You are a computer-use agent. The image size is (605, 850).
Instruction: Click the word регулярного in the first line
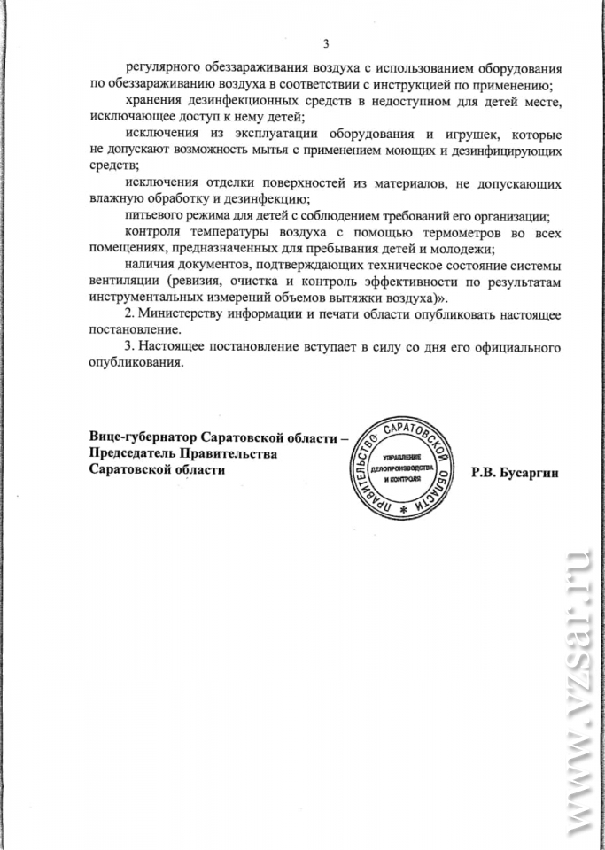(162, 69)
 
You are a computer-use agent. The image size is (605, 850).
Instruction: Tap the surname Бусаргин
(533, 471)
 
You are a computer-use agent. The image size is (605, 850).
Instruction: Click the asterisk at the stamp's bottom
(404, 513)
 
